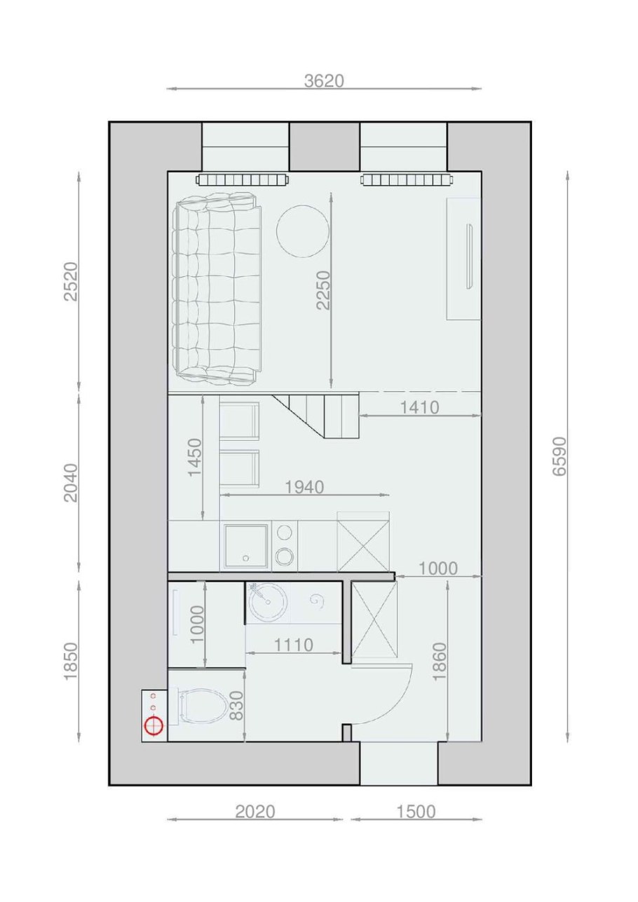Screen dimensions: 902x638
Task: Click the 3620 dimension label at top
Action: tap(324, 81)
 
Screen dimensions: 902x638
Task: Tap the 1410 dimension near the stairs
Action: tap(419, 407)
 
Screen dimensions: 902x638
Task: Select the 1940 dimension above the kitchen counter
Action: tap(304, 487)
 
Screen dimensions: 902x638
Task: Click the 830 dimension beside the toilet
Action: tap(236, 706)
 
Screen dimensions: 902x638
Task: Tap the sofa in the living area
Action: tap(216, 289)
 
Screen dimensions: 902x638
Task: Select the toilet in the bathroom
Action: tap(203, 705)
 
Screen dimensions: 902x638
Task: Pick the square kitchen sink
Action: tap(245, 546)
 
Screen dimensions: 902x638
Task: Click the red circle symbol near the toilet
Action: tap(153, 725)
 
